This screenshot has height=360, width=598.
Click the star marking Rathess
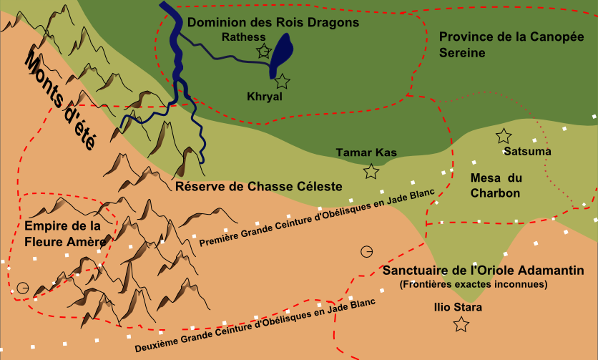coord(264,50)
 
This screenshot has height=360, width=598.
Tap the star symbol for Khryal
coord(283,82)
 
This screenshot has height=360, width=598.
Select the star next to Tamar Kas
coord(371,172)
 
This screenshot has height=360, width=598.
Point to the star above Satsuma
coord(504,135)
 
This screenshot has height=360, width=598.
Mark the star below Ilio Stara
coord(461,325)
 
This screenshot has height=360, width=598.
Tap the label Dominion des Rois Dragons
coord(273,23)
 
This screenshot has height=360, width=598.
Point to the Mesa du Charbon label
coord(495,185)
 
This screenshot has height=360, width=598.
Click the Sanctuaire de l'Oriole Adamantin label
coord(483,271)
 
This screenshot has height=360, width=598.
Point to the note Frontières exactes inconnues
coord(474,284)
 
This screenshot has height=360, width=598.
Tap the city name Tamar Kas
coord(366,152)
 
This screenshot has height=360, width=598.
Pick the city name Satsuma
coord(527,152)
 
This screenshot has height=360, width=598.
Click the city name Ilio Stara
coord(458,308)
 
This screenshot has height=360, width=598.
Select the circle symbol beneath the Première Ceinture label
coord(366,251)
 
